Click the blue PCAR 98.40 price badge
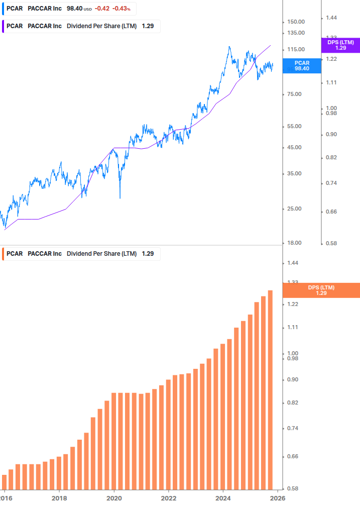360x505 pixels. pos(302,65)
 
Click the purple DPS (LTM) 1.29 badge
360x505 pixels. pos(340,45)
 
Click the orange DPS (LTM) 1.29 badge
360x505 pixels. pos(321,290)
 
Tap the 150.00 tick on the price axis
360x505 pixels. pos(296,22)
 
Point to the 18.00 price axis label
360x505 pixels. pos(294,243)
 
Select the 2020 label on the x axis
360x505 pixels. pos(114,497)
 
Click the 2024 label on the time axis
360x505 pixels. pos(223,497)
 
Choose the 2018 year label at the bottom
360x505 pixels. pos(59,497)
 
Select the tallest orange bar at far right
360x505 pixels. pos(270,389)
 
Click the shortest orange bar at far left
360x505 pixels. pos(5,481)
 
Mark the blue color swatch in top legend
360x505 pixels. pos(2,9)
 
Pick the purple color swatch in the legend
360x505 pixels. pos(2,26)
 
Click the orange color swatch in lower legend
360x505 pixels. pos(2,254)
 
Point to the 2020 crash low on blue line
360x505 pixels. pos(119,197)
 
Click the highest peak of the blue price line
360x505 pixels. pos(229,47)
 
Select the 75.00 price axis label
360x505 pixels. pos(294,94)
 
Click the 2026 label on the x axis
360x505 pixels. pos(278,497)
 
